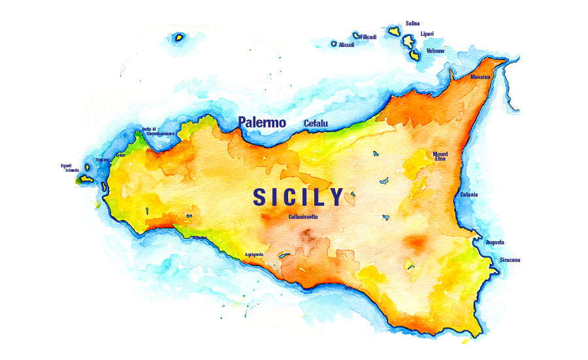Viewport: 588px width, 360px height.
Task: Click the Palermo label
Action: click(x=262, y=122)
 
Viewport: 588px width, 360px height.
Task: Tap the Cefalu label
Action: click(x=316, y=123)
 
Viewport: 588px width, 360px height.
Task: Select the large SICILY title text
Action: click(x=298, y=197)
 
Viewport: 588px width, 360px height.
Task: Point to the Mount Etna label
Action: click(x=440, y=156)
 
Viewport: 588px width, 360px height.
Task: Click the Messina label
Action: click(x=480, y=77)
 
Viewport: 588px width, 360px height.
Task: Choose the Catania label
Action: click(x=468, y=195)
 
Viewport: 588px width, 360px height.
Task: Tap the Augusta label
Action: click(x=495, y=242)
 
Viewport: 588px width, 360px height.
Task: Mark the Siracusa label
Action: click(x=510, y=260)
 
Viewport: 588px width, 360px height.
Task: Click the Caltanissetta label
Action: click(x=303, y=216)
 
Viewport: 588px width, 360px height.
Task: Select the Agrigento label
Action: click(x=254, y=254)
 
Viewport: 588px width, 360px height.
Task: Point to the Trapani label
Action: click(x=103, y=160)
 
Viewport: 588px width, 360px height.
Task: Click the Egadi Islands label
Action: click(x=70, y=168)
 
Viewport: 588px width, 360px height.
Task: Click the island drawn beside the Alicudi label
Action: click(x=334, y=44)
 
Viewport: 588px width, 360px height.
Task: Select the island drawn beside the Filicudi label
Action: click(x=356, y=35)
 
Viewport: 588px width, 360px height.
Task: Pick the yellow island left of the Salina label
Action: click(x=394, y=30)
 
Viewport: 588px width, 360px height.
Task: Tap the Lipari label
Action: click(x=427, y=34)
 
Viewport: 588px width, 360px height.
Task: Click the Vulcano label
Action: click(x=435, y=50)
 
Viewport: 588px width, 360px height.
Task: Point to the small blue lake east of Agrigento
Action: click(x=284, y=256)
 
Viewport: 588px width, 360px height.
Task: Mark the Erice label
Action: click(x=120, y=155)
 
